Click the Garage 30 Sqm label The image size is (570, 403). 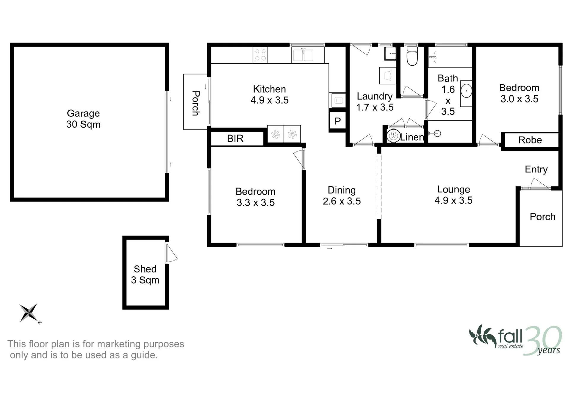tap(83, 119)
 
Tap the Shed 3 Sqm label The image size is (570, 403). tap(145, 275)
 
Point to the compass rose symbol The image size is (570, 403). tap(29, 313)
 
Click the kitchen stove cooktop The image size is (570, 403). tap(260, 55)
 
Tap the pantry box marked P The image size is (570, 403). tap(338, 121)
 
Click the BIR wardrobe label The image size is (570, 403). tap(235, 138)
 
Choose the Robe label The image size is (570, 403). tap(530, 140)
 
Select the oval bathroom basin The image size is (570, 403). tap(466, 90)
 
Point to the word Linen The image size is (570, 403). tap(412, 137)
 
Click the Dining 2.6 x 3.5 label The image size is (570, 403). tap(342, 196)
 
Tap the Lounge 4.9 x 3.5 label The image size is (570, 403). tap(454, 195)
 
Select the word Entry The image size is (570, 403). tap(536, 169)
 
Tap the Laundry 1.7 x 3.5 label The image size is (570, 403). tap(375, 102)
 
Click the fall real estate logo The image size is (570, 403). tap(515, 340)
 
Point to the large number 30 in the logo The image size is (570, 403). tap(543, 340)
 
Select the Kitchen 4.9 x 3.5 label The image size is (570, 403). tap(270, 95)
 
